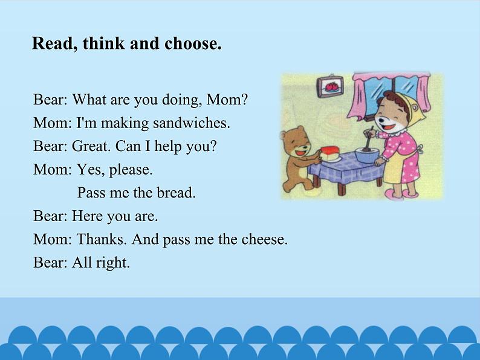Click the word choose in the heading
pos(193,43)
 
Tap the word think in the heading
pos(103,43)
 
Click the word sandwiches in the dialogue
pos(191,123)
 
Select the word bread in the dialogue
pos(176,193)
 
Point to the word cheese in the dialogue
pos(265,239)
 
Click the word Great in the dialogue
pos(91,146)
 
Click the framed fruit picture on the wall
pos(330,87)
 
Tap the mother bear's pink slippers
pos(400,194)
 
